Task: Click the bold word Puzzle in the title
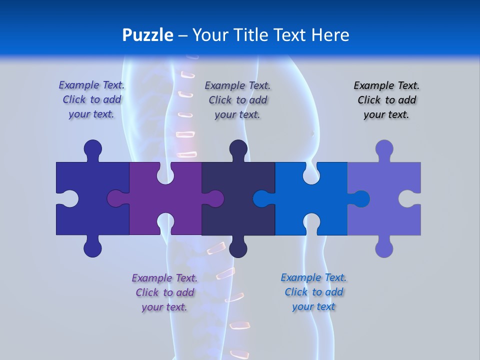pos(148,35)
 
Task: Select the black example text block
pos(386,100)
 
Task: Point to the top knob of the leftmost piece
pos(93,148)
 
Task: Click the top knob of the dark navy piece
pos(238,148)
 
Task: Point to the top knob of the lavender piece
pos(384,148)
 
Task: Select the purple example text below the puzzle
pos(164,292)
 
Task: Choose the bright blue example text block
pos(313,292)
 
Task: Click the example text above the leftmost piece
pos(91,100)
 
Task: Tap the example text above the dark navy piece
pos(237,100)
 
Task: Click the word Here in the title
pos(330,35)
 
